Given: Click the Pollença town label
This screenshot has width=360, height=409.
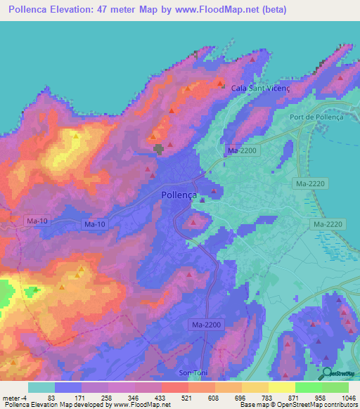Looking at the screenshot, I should [179, 197].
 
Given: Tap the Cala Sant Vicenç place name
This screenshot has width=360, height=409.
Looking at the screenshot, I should [259, 88].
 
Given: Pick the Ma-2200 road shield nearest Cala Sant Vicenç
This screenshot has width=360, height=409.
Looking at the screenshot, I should [242, 150].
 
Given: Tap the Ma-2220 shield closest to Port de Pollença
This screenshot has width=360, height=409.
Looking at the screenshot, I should [309, 182].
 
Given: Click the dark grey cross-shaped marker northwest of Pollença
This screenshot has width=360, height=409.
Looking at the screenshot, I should [160, 148].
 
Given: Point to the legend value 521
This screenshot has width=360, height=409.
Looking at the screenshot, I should [175, 398].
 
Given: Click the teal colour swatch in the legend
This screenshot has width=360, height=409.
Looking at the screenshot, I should [41, 387].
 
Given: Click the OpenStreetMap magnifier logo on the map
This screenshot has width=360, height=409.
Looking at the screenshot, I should [326, 372].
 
